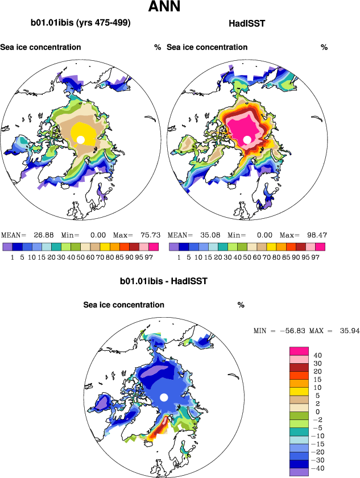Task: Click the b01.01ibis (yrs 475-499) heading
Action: pos(81,23)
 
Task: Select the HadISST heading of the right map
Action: pos(247,23)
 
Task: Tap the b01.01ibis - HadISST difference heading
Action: pos(163,281)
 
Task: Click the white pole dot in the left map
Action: pos(81,140)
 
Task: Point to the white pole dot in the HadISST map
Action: pos(247,139)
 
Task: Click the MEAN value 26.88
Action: pos(43,235)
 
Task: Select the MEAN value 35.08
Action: pos(209,235)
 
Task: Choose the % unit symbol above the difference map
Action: pos(241,305)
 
